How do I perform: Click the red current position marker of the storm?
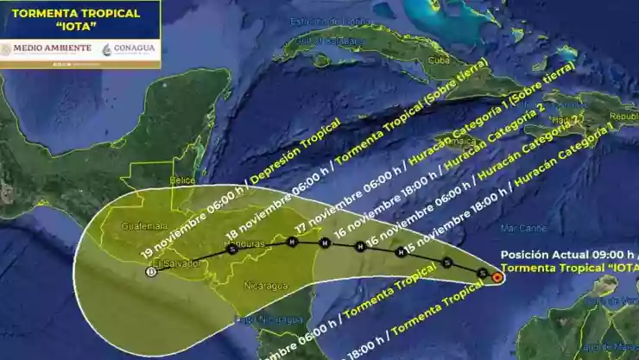tap(497, 277)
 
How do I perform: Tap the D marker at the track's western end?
tap(152, 271)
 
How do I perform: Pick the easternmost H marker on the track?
tap(401, 253)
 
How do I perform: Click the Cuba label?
tap(440, 60)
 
